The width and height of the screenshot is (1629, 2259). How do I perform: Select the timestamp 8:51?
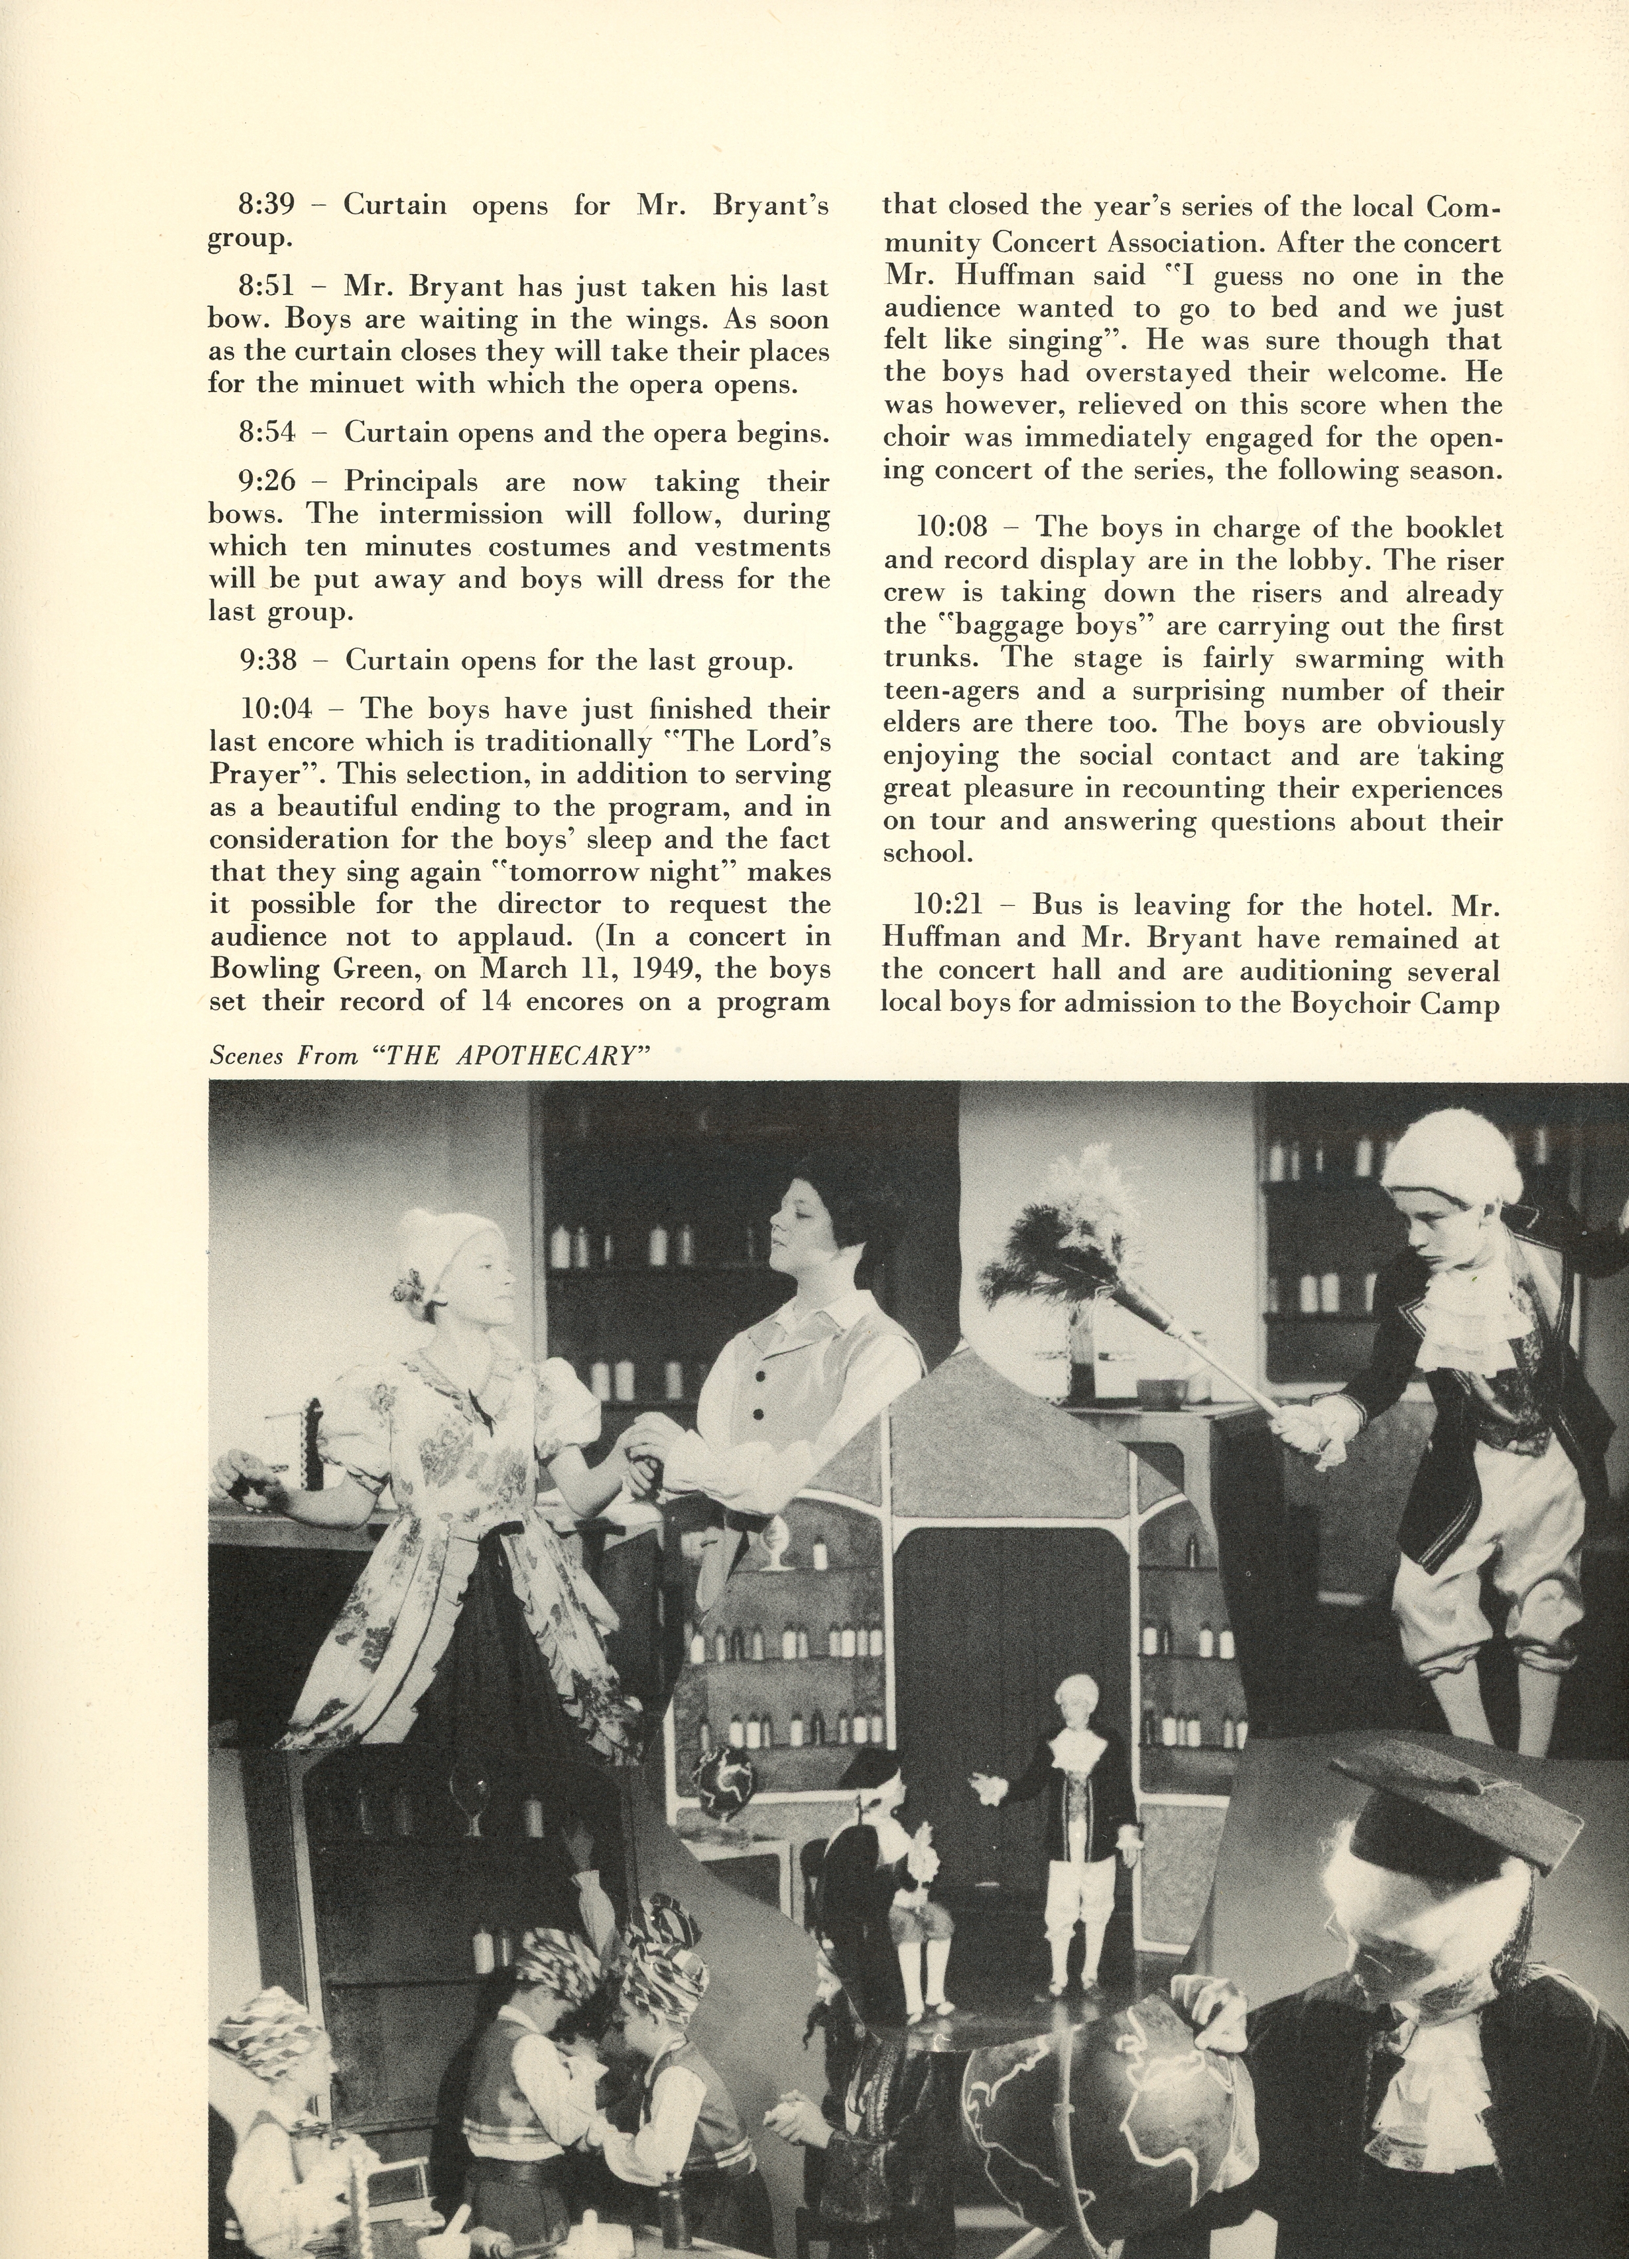click(266, 288)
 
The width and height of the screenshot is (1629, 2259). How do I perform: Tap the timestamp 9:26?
click(267, 483)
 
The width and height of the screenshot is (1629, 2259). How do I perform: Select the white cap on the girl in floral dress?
click(436, 1250)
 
